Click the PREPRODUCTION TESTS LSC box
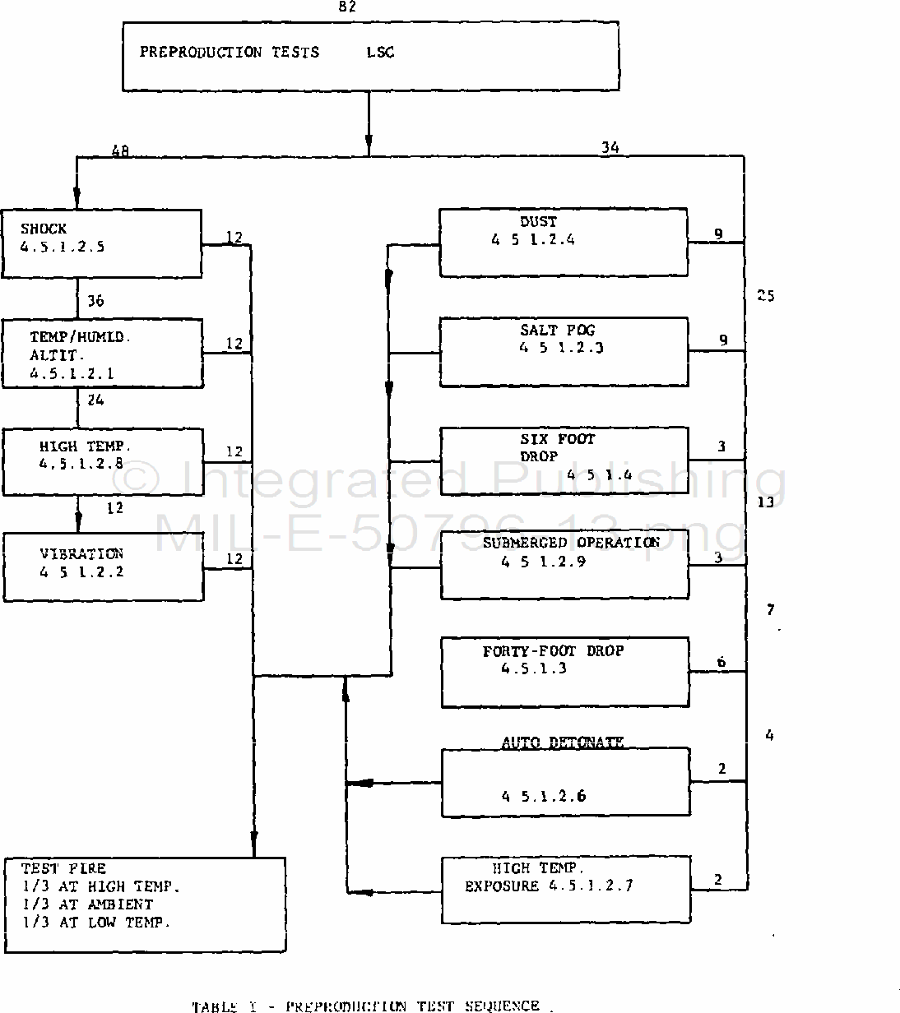pos(370,56)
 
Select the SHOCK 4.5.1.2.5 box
pos(101,243)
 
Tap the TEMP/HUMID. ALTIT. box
pos(103,354)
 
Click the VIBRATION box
pos(104,567)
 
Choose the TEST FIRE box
pos(145,904)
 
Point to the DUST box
pos(564,243)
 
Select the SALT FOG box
pos(564,351)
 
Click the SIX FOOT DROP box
pos(564,460)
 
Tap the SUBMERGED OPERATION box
pos(564,565)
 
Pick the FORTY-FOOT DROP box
pos(565,671)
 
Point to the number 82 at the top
pos(347,7)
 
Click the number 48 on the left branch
pos(120,150)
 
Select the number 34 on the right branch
pos(610,148)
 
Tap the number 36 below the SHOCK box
pos(95,301)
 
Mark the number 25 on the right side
pos(765,295)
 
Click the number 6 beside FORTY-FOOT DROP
pos(721,663)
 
